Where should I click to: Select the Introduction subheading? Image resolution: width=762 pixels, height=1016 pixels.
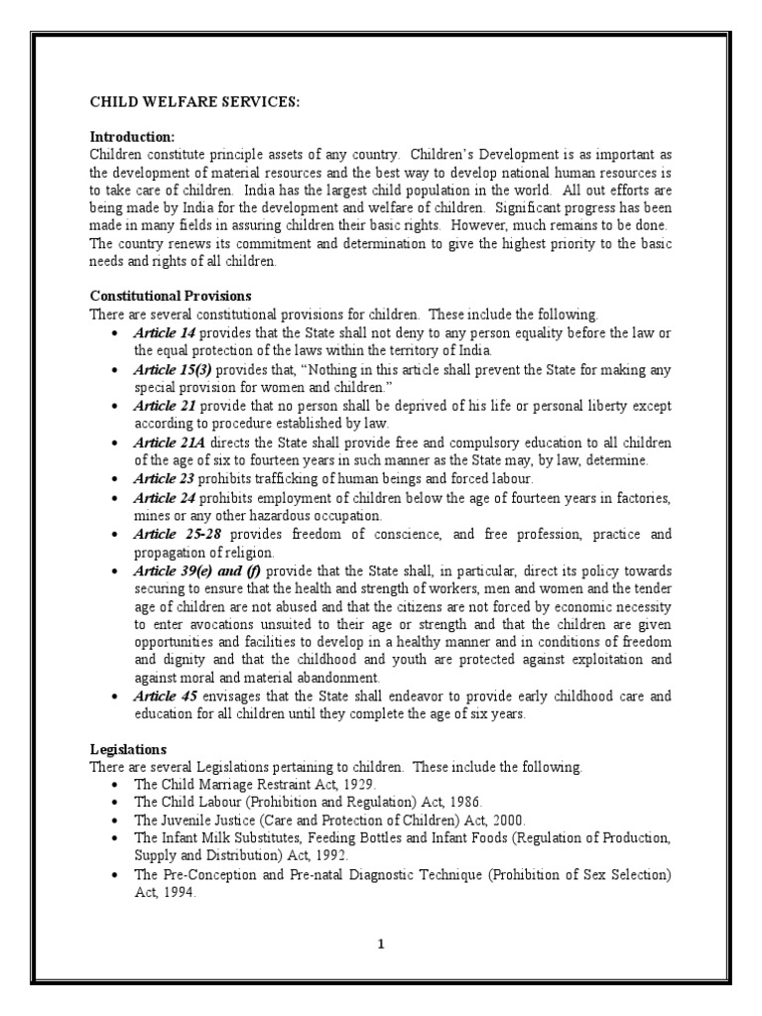point(132,136)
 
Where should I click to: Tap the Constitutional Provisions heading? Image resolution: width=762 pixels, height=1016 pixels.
point(171,296)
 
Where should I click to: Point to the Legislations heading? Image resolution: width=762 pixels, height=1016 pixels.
point(129,749)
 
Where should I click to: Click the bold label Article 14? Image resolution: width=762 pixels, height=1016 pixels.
point(165,332)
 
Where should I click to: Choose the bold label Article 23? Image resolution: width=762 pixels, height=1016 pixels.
point(165,478)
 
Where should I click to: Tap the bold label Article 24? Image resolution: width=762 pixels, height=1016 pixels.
point(165,497)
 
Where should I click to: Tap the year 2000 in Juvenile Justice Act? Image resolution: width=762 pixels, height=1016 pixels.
point(506,821)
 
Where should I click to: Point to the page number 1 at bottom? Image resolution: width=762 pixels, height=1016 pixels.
point(380,944)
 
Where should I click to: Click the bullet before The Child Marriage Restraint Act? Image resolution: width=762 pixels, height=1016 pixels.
point(118,784)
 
